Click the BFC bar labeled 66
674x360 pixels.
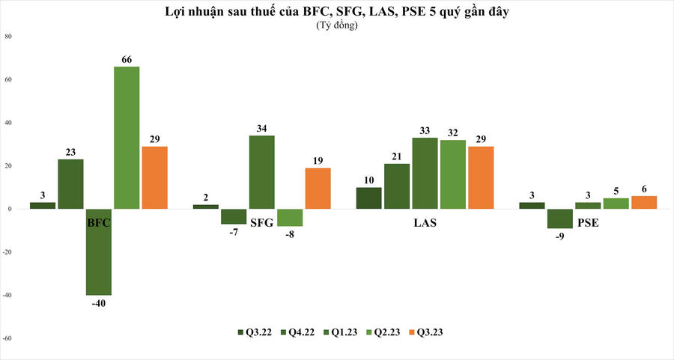pos(126,137)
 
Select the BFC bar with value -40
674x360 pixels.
pos(98,251)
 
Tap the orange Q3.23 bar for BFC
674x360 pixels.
pos(154,177)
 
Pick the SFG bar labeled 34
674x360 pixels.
pos(261,172)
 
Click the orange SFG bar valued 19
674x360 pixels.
pos(318,188)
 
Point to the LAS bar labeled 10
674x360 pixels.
pos(368,198)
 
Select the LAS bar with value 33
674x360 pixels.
pos(425,173)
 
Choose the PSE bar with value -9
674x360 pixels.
pos(559,219)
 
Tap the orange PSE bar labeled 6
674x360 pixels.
pos(643,202)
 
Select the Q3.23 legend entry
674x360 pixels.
pos(430,332)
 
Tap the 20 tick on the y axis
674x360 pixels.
pos(8,165)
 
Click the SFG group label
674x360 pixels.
pos(261,222)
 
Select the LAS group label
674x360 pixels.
pos(425,222)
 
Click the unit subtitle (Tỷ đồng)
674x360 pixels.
pos(337,25)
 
